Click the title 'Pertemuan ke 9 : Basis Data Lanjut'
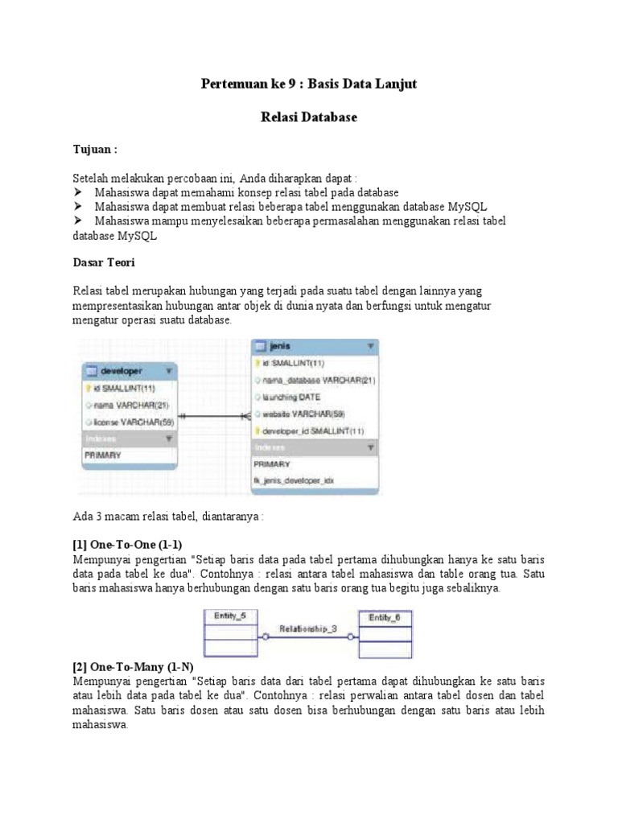308,84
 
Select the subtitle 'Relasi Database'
308,117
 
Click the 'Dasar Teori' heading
104,262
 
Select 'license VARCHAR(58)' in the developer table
134,422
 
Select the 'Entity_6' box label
384,616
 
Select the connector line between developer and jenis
214,416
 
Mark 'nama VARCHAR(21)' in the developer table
130,405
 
